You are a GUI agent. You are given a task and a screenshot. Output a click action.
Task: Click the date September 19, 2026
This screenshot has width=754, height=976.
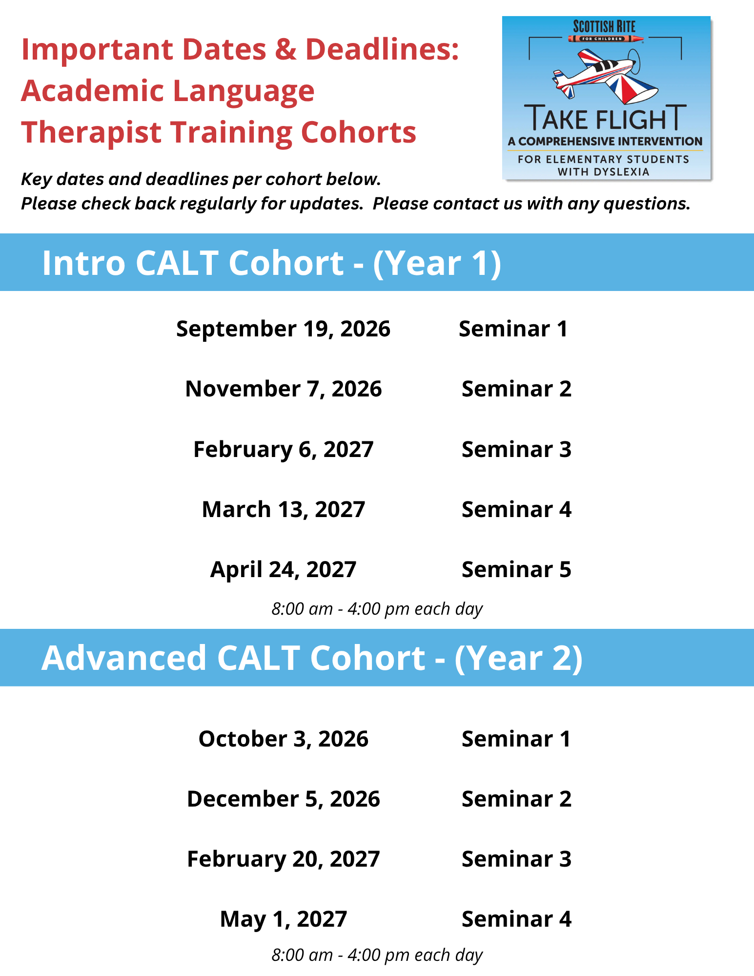[x=283, y=329]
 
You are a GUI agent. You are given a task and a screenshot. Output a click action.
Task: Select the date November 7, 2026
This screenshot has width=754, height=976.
[x=283, y=389]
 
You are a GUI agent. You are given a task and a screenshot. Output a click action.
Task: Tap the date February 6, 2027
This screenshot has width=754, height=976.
[x=283, y=450]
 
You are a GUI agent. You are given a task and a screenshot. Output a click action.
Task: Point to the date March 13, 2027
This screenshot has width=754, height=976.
[x=283, y=510]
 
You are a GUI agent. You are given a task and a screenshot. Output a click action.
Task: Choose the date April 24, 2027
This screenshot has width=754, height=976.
[x=283, y=570]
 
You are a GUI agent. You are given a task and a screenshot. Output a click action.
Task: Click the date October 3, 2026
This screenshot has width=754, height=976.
[x=283, y=739]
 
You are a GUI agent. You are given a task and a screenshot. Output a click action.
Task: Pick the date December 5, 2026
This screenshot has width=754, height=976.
[x=283, y=799]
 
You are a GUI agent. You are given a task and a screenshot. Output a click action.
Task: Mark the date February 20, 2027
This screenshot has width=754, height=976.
[x=283, y=859]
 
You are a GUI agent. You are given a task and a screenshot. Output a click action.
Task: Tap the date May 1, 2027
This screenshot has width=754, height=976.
[x=283, y=919]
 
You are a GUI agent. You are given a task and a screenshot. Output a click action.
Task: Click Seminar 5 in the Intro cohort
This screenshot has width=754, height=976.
[x=516, y=570]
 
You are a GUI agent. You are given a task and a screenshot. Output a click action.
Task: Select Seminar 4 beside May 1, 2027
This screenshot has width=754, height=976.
[x=516, y=919]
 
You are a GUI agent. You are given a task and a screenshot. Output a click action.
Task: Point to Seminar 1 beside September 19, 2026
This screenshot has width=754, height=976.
[x=513, y=329]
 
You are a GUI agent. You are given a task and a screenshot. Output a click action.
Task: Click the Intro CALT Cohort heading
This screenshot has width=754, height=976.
[x=271, y=263]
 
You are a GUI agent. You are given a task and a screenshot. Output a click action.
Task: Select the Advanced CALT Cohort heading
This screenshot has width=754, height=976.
[x=312, y=658]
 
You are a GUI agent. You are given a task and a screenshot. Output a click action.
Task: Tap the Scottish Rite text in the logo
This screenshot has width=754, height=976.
[x=604, y=26]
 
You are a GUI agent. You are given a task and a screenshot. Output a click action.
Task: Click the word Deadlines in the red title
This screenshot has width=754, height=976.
[x=382, y=49]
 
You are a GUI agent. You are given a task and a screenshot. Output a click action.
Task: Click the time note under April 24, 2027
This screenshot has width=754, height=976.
[x=377, y=609]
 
